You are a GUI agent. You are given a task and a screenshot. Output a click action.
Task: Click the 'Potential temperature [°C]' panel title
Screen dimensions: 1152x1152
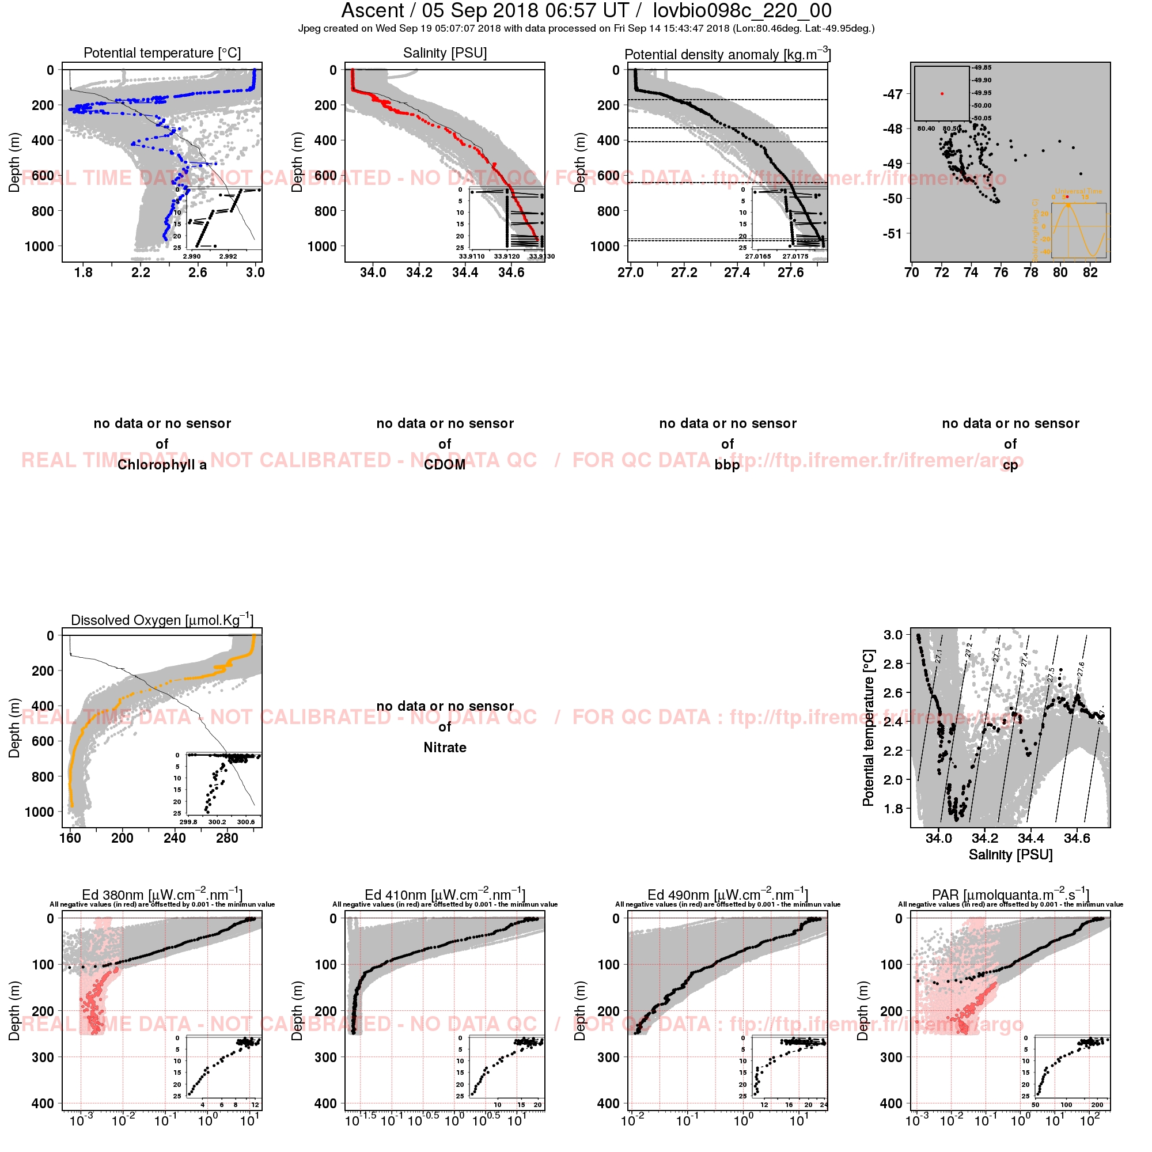click(x=162, y=53)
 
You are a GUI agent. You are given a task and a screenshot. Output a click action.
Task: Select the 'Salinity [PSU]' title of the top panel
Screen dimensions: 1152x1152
click(x=445, y=53)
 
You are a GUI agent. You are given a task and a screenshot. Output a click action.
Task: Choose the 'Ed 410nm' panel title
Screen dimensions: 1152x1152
click(x=445, y=895)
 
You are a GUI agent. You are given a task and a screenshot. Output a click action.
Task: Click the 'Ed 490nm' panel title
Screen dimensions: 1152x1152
click(x=727, y=895)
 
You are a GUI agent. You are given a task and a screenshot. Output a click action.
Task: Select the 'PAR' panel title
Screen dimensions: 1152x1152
click(x=1010, y=895)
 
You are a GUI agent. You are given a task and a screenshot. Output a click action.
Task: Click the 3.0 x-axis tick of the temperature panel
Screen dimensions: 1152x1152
click(x=255, y=272)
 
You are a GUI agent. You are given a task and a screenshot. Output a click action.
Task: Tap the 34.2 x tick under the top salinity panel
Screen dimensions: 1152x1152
click(x=419, y=272)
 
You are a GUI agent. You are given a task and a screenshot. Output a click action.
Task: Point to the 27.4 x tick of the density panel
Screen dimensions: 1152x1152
click(x=737, y=272)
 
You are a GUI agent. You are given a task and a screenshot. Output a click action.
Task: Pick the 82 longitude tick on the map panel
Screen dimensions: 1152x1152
click(x=1090, y=272)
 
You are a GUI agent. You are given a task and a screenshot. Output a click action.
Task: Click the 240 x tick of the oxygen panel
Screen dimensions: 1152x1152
click(x=175, y=838)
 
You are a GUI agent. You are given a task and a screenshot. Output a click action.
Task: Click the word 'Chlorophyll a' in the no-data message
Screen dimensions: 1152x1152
click(x=162, y=465)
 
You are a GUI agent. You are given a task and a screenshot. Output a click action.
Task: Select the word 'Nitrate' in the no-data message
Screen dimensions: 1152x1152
click(x=445, y=748)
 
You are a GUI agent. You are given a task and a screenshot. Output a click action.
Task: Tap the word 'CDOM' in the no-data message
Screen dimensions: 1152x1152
click(x=445, y=465)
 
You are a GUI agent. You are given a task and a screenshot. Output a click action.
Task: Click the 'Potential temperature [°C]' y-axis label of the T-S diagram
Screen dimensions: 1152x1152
click(x=868, y=727)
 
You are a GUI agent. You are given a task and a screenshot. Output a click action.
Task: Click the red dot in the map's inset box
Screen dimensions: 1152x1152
click(x=942, y=94)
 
